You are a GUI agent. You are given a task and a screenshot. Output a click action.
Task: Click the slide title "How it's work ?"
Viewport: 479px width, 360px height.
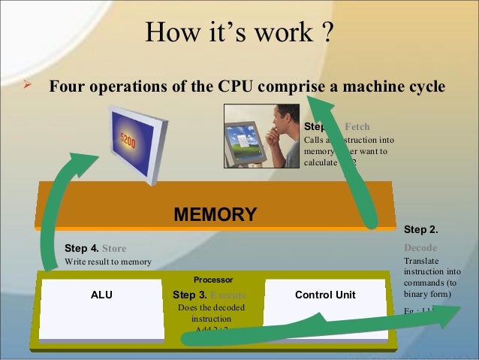(239, 32)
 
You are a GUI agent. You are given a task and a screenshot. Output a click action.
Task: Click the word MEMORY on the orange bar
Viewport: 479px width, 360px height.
(215, 215)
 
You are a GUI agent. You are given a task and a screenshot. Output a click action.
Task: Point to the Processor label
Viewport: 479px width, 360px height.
(213, 279)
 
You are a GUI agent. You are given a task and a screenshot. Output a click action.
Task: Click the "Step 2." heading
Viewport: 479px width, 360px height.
(421, 228)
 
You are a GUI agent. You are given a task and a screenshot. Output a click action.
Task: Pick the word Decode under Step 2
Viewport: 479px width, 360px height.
(420, 247)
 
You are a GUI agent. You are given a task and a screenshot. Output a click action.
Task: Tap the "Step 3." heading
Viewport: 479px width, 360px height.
(188, 295)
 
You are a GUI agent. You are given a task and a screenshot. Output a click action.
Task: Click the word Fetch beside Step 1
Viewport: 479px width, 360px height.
(357, 126)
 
